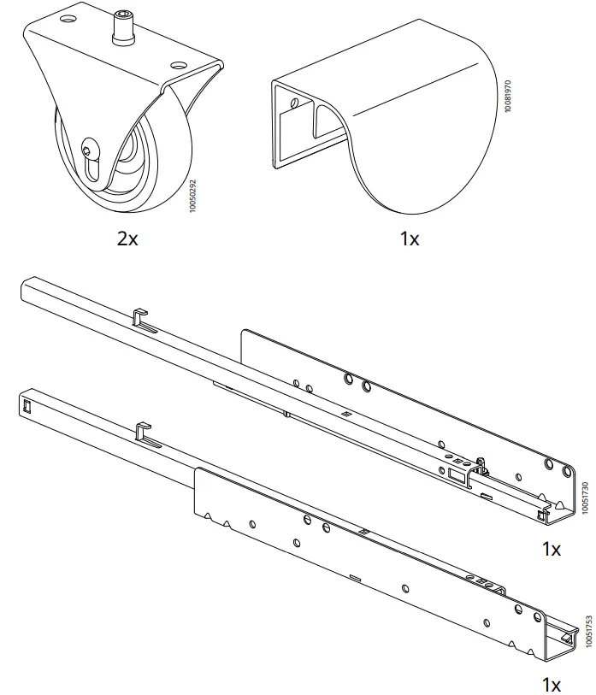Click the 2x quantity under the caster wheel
pyautogui.click(x=127, y=239)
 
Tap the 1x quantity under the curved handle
pyautogui.click(x=410, y=239)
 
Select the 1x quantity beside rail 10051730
pyautogui.click(x=552, y=549)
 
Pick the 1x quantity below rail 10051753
pyautogui.click(x=552, y=684)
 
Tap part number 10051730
pyautogui.click(x=585, y=497)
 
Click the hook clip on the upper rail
pyautogui.click(x=140, y=319)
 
